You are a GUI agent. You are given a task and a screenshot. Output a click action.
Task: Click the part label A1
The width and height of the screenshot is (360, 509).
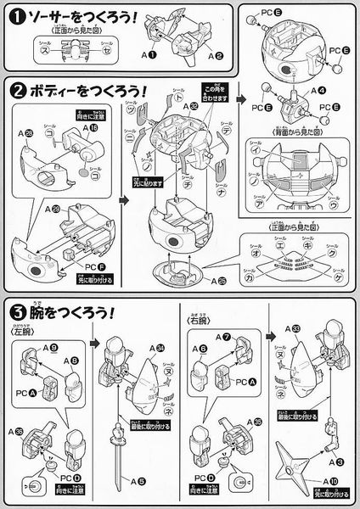click(149, 54)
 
